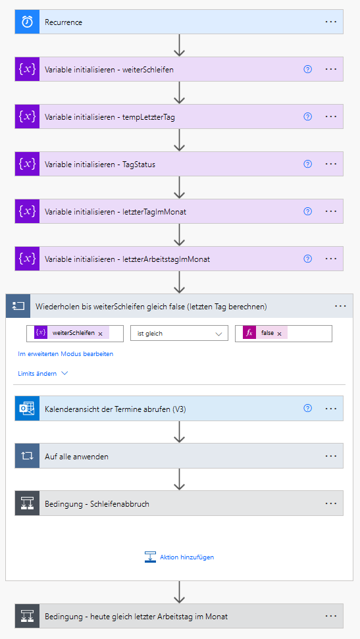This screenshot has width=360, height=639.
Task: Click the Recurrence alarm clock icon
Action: coord(28,22)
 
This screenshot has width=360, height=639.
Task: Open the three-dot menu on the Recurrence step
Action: coord(330,22)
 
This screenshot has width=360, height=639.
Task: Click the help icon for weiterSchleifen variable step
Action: coord(308,69)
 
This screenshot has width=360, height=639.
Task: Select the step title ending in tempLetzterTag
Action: coord(110,117)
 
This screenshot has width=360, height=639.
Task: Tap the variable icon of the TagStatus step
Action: coord(28,165)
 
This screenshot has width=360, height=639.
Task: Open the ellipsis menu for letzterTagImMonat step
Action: coord(330,211)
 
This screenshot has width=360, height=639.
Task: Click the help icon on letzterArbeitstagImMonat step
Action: coord(308,259)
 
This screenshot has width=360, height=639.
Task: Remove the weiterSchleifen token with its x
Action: coord(100,334)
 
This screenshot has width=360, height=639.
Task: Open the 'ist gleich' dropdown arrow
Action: coord(219,334)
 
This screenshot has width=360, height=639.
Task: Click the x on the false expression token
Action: coord(279,334)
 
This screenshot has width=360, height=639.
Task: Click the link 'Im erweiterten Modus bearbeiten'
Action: coord(66,354)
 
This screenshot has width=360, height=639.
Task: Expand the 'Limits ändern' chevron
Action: coord(64,373)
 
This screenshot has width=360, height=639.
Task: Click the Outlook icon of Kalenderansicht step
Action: coord(28,408)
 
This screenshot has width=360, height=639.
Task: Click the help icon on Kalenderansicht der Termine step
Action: coord(308,408)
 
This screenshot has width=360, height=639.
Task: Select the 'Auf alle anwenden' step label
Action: coord(76,457)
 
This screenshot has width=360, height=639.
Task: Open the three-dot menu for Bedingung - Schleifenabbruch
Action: coord(330,503)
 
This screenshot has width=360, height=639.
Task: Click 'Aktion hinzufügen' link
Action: coord(187,557)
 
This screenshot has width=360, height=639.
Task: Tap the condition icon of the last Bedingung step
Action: coord(28,616)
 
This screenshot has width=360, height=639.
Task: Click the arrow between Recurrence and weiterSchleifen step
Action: coord(180,45)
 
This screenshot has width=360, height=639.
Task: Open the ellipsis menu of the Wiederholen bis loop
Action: coord(340,305)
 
